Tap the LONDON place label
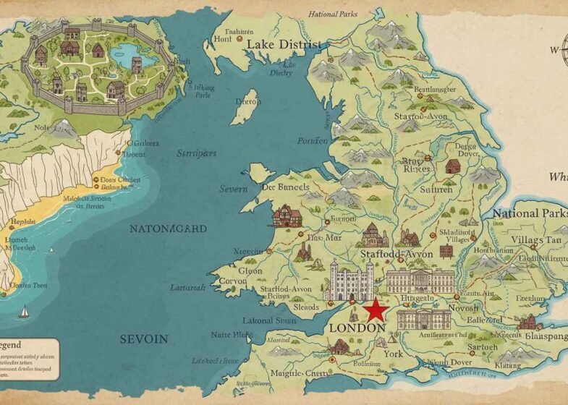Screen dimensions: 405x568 point(357,328)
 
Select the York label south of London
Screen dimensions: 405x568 point(392,354)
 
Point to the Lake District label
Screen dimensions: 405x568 point(284,44)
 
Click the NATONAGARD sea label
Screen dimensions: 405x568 point(168,229)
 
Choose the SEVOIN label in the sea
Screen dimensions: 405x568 point(143,338)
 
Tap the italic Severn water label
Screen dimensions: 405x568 point(234,189)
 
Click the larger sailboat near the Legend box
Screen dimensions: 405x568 point(24,312)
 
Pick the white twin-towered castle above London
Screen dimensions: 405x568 point(349,279)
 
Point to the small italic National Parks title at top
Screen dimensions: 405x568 point(333,14)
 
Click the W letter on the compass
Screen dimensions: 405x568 point(554,51)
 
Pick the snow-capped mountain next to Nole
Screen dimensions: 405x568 point(64,129)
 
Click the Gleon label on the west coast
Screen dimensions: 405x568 point(250,270)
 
